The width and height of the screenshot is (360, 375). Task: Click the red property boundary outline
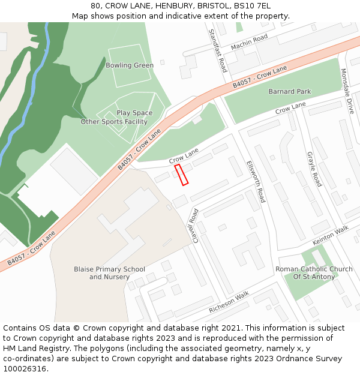pos(181,175)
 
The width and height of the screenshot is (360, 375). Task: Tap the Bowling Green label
pos(130,65)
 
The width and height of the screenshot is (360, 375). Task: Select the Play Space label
pos(134,113)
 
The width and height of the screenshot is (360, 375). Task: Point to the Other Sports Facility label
pos(114,122)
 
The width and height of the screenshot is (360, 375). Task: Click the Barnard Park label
pos(290,91)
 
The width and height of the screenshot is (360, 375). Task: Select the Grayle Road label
pos(314,169)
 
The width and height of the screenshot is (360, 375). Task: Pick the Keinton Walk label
pos(330,235)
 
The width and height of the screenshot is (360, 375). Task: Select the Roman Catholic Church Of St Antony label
pos(314,273)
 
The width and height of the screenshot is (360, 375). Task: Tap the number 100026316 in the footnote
pos(25,368)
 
